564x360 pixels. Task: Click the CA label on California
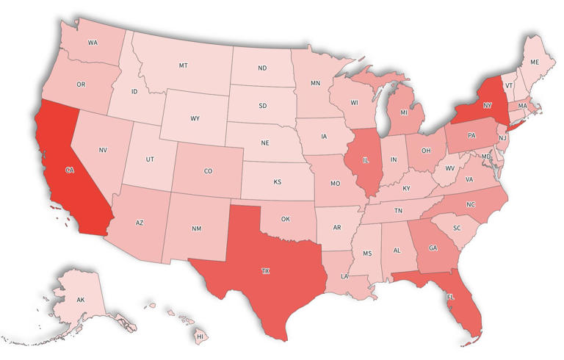(70, 170)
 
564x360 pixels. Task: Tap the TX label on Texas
(265, 271)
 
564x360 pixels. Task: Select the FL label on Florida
(449, 298)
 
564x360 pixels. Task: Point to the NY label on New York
(487, 105)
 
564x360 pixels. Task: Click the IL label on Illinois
(366, 156)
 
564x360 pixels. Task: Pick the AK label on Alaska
(81, 300)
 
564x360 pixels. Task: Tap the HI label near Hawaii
(200, 336)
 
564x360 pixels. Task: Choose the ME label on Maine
(535, 62)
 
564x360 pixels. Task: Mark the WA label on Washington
(93, 43)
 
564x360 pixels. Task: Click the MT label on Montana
(183, 65)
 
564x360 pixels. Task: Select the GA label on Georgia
(433, 248)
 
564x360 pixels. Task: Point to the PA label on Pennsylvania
(471, 136)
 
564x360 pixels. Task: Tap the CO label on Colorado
(208, 171)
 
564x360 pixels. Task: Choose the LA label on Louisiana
(344, 276)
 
